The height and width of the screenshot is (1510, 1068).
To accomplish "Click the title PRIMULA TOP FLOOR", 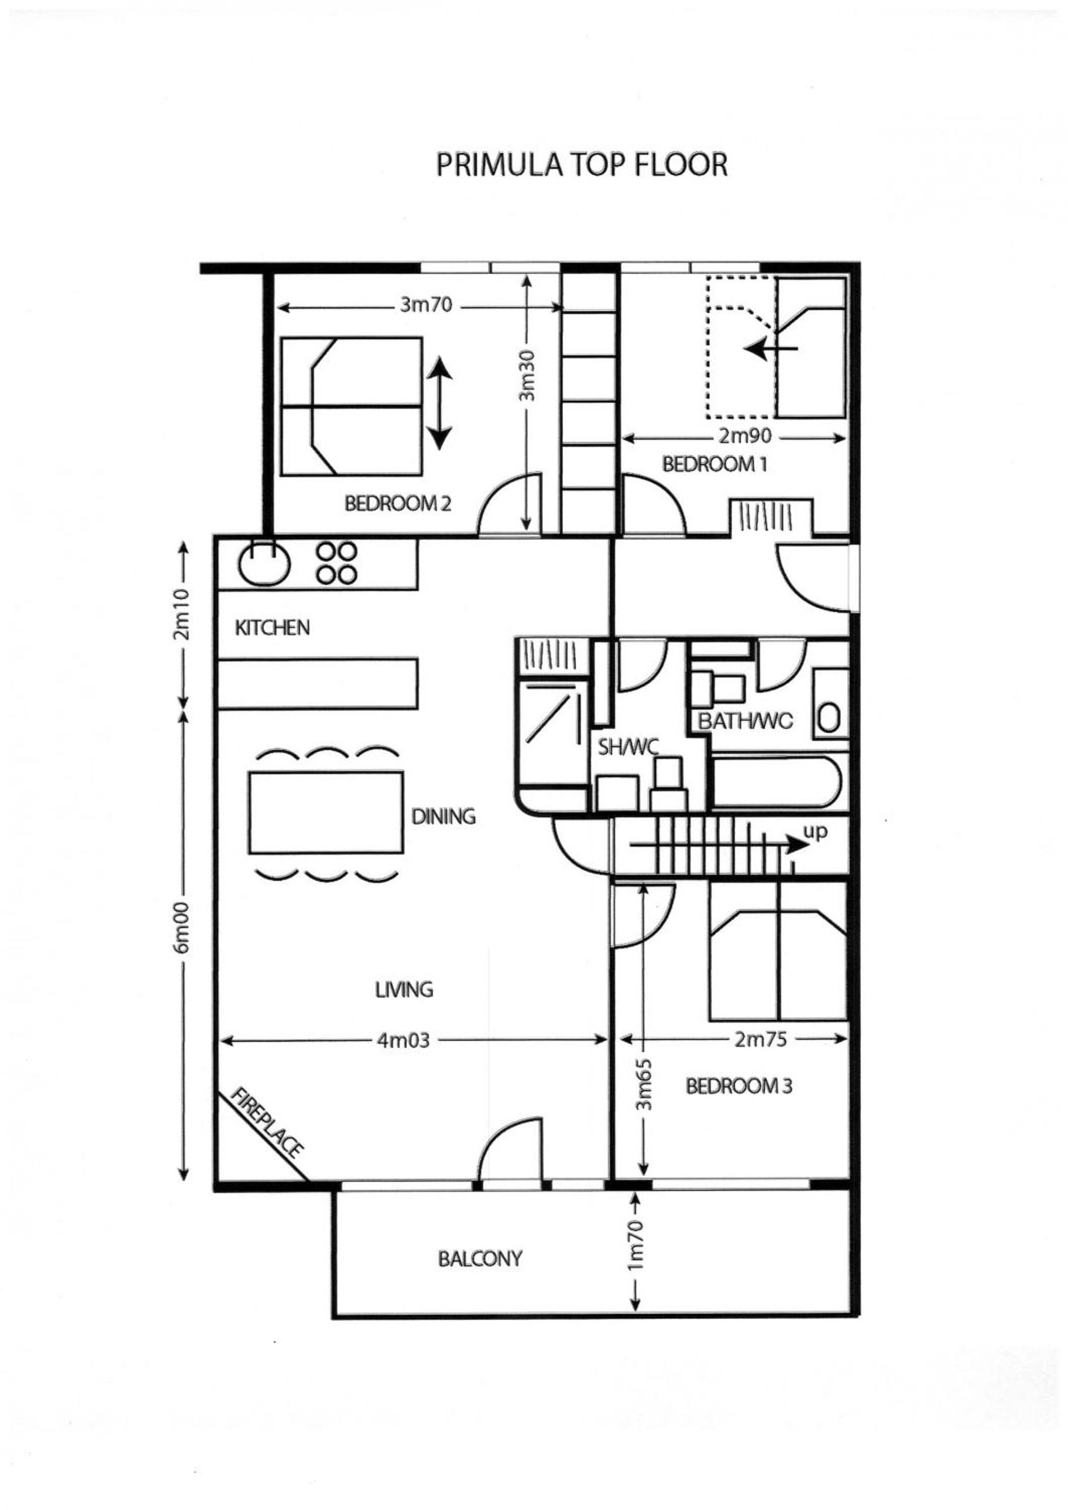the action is (582, 165).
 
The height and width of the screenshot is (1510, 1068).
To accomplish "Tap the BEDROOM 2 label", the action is (398, 504).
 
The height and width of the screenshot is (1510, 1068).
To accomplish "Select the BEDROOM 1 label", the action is (715, 464).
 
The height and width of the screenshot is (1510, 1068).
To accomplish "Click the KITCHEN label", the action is (272, 627).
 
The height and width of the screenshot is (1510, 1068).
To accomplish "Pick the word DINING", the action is (443, 816).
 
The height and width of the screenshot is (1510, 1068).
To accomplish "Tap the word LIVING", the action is (404, 989).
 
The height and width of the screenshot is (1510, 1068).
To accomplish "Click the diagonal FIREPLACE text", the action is (268, 1124).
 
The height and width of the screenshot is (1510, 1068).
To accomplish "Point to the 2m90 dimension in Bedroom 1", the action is (745, 436).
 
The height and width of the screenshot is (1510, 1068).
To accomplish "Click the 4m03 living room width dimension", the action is (403, 1040).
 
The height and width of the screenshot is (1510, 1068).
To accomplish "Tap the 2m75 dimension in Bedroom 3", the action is (761, 1039).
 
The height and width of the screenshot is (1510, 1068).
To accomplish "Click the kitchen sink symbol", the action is (264, 564).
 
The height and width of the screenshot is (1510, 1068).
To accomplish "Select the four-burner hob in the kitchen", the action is (336, 563).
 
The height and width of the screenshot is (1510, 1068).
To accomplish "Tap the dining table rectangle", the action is (326, 813).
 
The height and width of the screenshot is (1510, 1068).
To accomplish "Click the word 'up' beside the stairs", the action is (815, 832).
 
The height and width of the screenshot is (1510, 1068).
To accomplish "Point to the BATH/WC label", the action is (746, 722).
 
